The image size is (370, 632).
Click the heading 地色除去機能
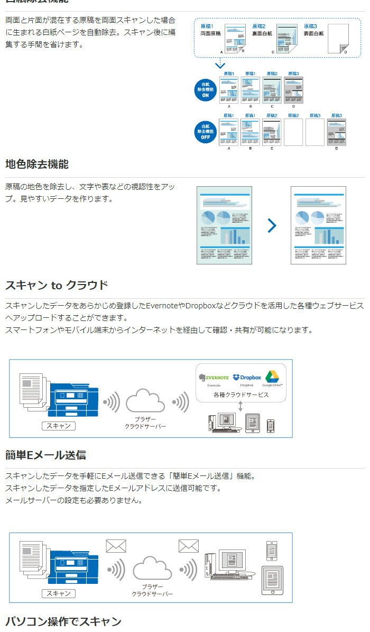[x=37, y=164]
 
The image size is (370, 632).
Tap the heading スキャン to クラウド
[x=57, y=286]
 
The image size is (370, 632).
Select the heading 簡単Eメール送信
[x=45, y=455]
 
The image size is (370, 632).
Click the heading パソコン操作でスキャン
[x=63, y=621]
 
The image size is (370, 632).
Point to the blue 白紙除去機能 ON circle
[x=206, y=90]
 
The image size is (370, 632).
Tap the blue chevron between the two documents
[x=272, y=226]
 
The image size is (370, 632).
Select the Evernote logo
[x=214, y=378]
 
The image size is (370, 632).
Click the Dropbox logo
[x=247, y=377]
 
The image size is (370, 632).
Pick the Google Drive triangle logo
[x=272, y=377]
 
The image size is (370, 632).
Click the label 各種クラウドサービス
[x=240, y=395]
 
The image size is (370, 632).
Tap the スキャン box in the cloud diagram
[x=59, y=426]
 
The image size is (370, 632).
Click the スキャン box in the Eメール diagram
[x=59, y=593]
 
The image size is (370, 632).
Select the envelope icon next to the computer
[x=188, y=546]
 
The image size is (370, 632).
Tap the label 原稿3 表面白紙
[x=313, y=30]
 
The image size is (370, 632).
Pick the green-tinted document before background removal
[x=224, y=225]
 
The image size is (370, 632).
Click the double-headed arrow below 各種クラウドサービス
[x=240, y=406]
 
